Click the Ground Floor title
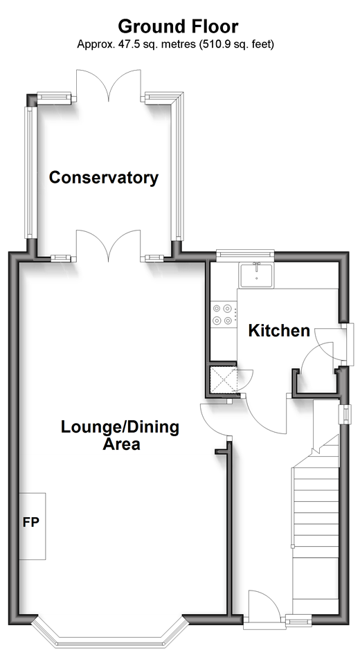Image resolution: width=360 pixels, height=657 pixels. pos(178,26)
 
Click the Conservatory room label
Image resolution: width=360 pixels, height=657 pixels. pos(104,178)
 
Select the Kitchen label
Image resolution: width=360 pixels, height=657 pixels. pos(279,331)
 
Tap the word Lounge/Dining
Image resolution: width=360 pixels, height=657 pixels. pos(120,427)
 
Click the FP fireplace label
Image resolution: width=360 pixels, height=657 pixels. pos(30,523)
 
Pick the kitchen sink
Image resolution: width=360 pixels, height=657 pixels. pos(256,276)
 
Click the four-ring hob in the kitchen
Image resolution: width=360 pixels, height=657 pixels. pos(223,315)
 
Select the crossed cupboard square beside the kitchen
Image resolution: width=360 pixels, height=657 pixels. pos(224,380)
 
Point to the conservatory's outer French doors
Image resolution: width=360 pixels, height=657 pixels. pos(109,85)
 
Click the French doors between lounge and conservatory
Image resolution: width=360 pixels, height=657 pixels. pos(109,246)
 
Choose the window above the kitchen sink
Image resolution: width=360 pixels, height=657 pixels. pos(245,255)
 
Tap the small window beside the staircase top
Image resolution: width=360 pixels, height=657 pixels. pos(346,413)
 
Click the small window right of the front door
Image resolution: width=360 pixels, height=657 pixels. pos(298,620)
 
